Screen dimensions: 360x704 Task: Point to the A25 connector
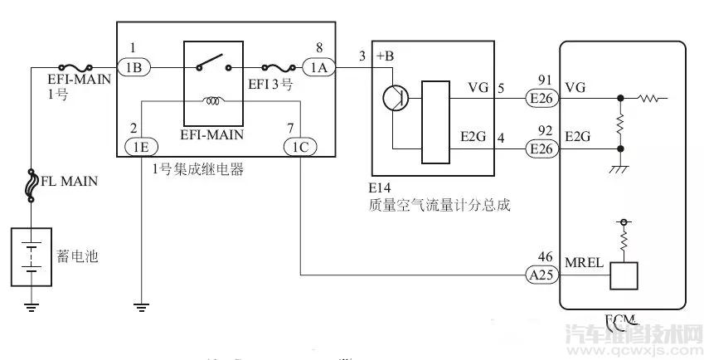(543, 274)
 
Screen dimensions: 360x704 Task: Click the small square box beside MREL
(624, 275)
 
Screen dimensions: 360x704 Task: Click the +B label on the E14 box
(386, 56)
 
